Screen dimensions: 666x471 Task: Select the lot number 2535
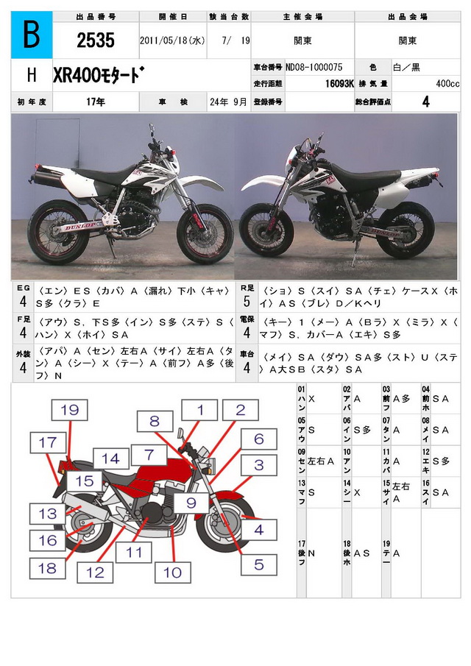coord(95,41)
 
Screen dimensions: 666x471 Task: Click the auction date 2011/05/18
coord(171,41)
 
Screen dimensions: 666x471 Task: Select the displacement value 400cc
coord(447,84)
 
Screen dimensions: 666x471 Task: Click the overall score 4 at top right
coord(425,102)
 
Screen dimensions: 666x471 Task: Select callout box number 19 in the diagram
coord(69,411)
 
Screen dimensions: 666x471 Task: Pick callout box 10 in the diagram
coord(171,572)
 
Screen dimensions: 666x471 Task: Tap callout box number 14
coord(110,458)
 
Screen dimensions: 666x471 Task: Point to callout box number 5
coord(259,565)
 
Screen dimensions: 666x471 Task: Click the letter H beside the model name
coord(31,76)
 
